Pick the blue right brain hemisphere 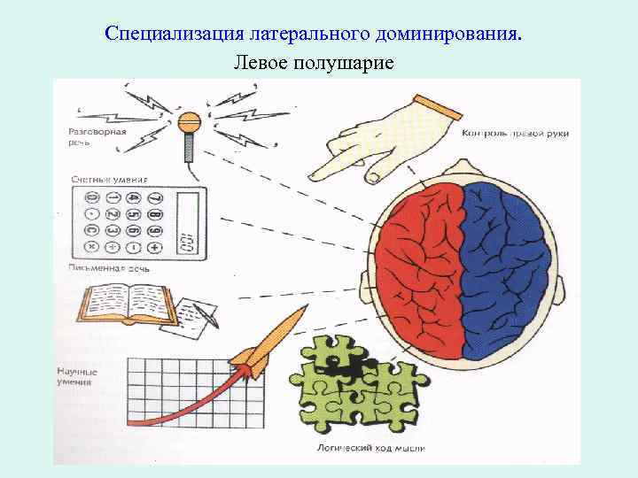coord(505,266)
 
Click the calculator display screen coord(187,226)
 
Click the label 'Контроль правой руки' coord(515,134)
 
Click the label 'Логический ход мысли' coord(371,449)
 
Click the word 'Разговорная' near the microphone coord(97,131)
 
